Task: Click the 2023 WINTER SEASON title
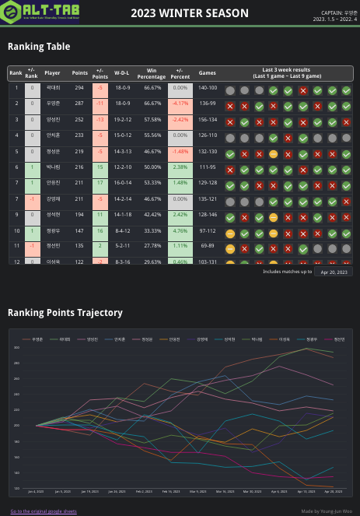(x=190, y=13)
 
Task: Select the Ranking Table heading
(x=36, y=47)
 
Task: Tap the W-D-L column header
(x=122, y=72)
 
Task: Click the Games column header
(x=208, y=72)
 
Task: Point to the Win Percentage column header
(x=152, y=74)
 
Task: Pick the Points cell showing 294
(x=79, y=88)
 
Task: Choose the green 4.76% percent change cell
(x=180, y=231)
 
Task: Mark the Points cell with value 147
(x=79, y=231)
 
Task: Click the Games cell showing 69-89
(x=208, y=247)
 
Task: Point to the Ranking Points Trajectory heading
(x=65, y=312)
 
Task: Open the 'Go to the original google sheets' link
(x=44, y=511)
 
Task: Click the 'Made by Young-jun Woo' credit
(x=327, y=511)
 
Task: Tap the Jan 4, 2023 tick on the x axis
(x=36, y=492)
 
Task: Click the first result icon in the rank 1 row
(x=230, y=90)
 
